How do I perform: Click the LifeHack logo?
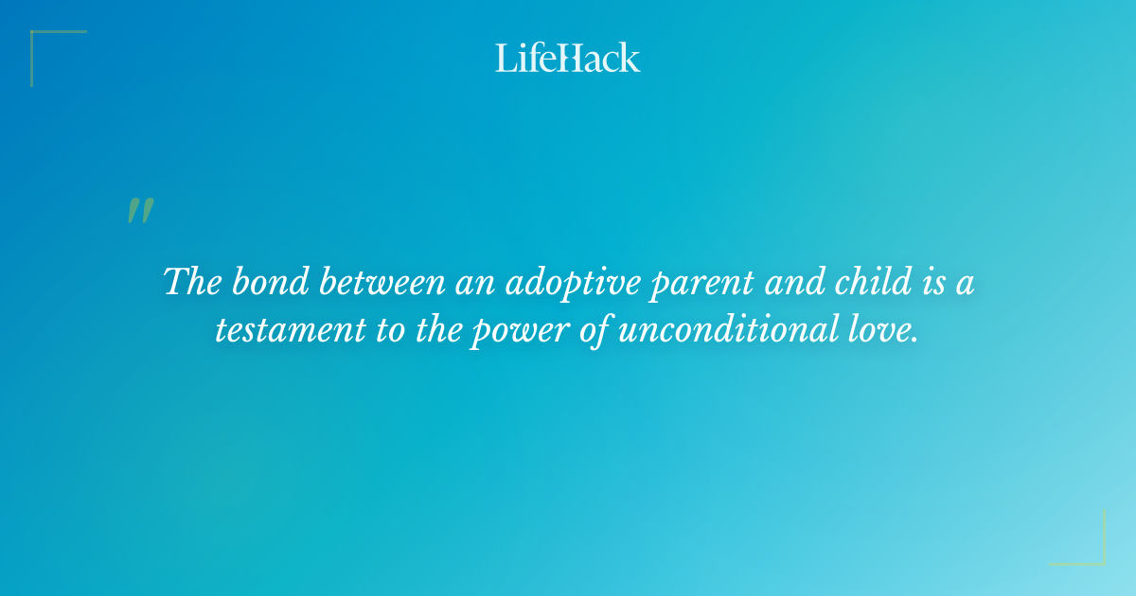click(x=568, y=58)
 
